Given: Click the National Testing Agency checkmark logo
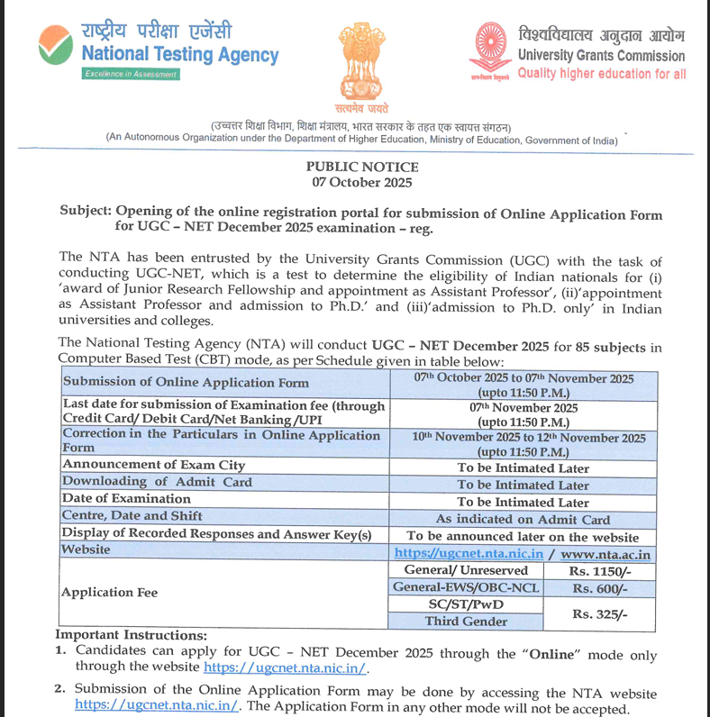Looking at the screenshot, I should click(x=57, y=44).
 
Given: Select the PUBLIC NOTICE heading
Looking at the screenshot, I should click(x=362, y=167).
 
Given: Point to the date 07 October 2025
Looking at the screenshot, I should click(x=362, y=182).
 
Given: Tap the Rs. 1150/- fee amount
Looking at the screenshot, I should click(x=598, y=571).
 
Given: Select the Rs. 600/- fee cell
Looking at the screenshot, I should click(x=598, y=588).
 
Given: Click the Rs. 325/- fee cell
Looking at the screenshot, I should click(x=598, y=613).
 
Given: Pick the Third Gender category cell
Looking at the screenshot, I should click(x=466, y=622).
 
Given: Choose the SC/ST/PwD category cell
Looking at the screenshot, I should click(x=466, y=604).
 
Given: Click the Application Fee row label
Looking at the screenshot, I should click(x=109, y=593).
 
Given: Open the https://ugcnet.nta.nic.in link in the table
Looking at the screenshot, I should click(x=469, y=554).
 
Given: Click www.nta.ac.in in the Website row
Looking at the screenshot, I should click(x=605, y=554).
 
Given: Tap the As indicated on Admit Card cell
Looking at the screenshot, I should click(x=523, y=519).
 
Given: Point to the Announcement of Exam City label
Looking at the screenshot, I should click(x=153, y=466).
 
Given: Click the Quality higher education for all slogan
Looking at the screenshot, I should click(x=601, y=74).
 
